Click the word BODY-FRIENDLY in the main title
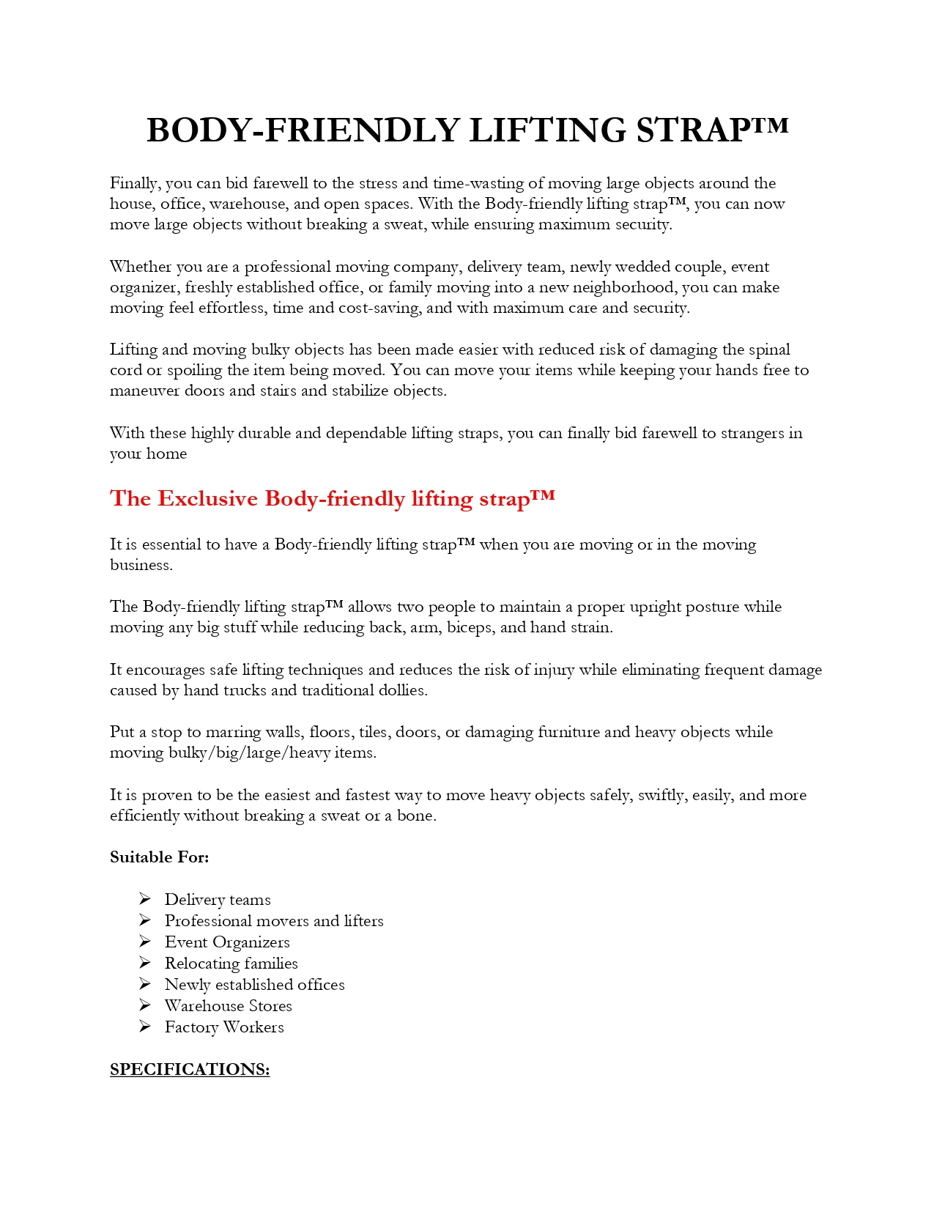[303, 130]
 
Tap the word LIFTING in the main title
[548, 130]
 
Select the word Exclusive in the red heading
[208, 499]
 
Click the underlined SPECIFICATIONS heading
[190, 1070]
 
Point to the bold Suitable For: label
[160, 857]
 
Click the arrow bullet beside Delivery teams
[145, 899]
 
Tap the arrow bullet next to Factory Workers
[145, 1027]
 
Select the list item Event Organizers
[227, 942]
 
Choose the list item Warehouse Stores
[228, 1006]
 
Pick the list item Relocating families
[231, 964]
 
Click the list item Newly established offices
[254, 985]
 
